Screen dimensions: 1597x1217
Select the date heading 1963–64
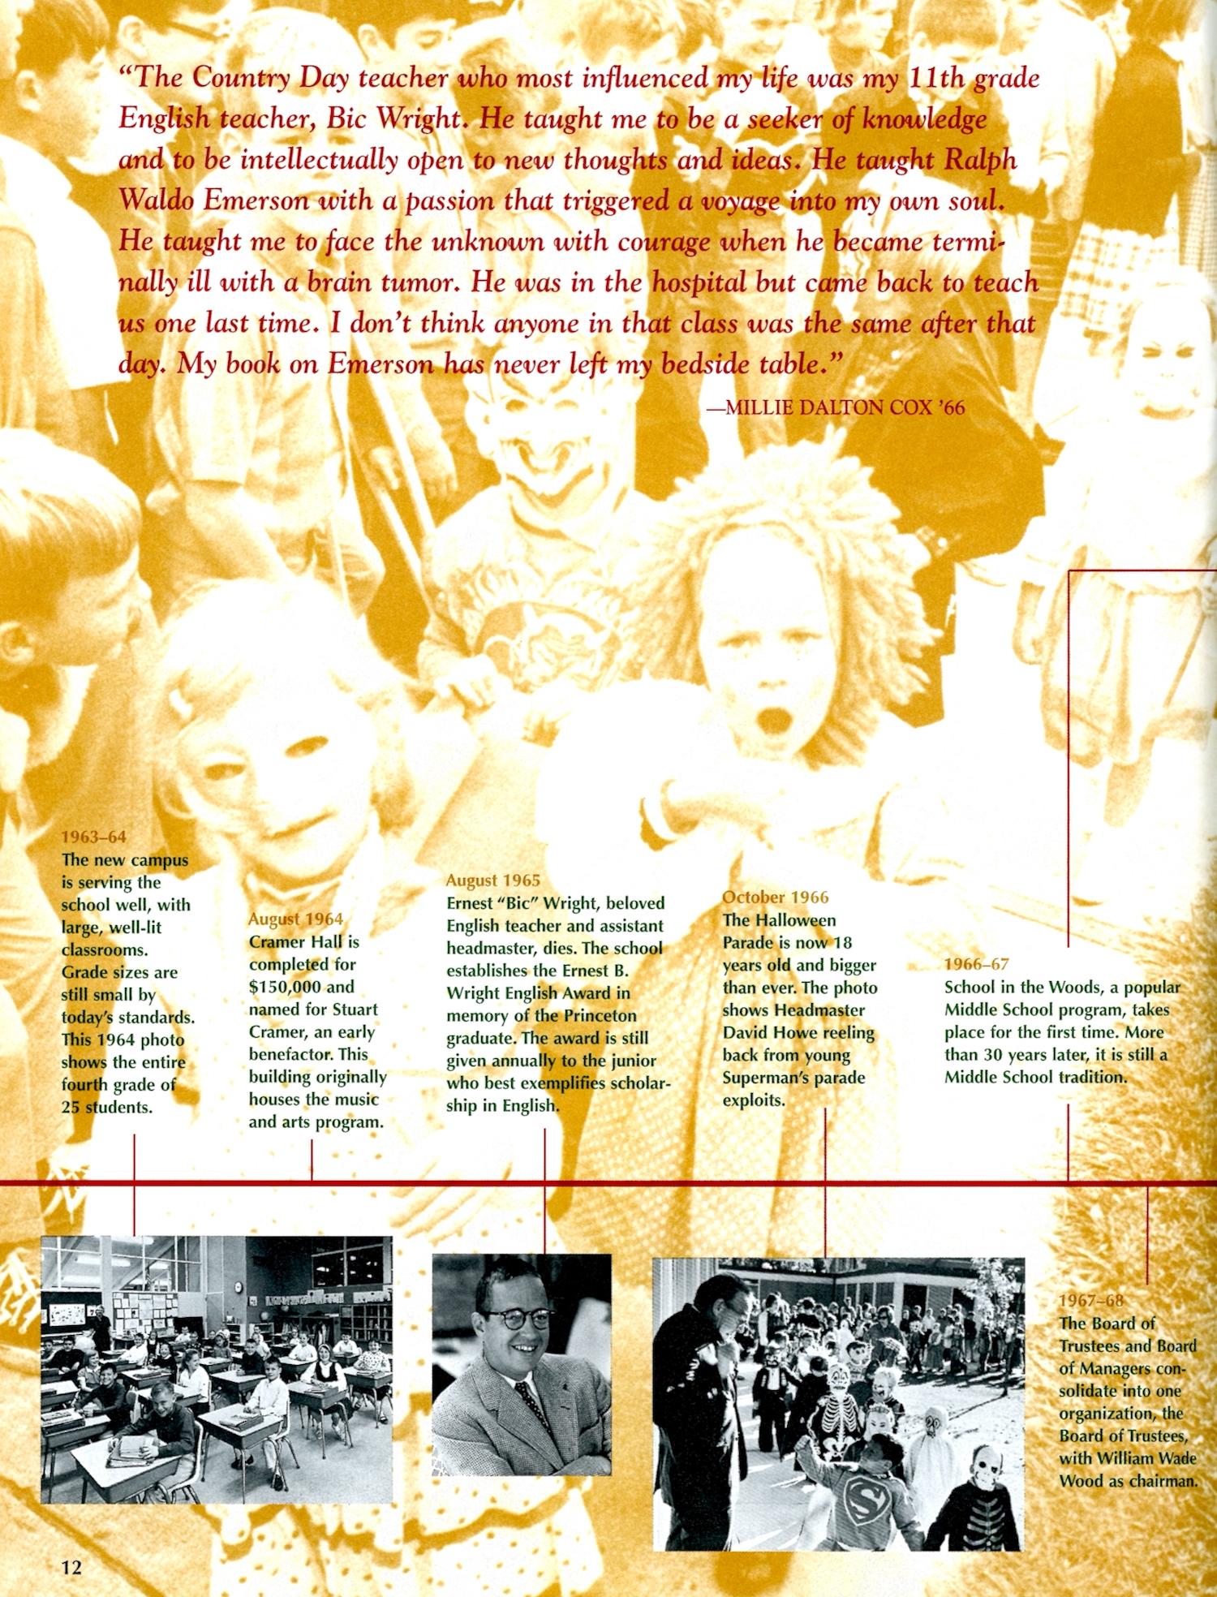point(94,837)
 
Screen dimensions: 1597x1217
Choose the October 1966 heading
point(776,897)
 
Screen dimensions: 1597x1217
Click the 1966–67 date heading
point(977,964)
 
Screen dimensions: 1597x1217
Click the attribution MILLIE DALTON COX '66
point(836,407)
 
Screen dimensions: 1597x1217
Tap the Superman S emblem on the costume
point(862,1482)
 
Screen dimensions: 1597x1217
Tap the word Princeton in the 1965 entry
point(597,1015)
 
